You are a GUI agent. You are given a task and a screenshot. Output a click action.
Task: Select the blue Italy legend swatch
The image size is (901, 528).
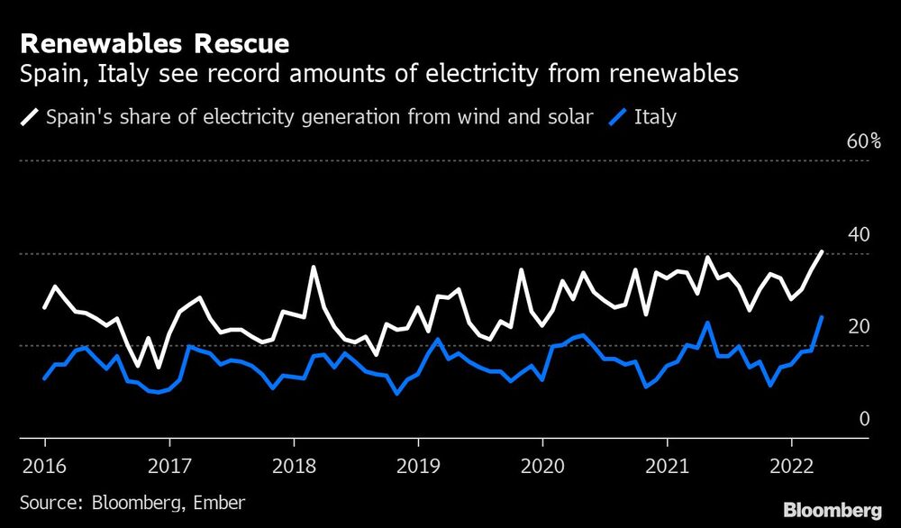click(x=619, y=116)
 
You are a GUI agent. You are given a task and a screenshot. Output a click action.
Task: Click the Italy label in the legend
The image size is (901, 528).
click(x=656, y=116)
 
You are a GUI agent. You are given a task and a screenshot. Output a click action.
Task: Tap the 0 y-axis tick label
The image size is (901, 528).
click(x=864, y=419)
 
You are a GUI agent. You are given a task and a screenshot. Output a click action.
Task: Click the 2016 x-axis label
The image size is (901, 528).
click(x=44, y=467)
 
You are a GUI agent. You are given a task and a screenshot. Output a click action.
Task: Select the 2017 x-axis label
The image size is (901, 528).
click(x=168, y=467)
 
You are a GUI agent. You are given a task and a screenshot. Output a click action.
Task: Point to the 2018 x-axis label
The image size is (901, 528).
click(x=293, y=467)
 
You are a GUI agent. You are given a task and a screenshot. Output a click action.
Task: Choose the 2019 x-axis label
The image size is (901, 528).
click(x=417, y=467)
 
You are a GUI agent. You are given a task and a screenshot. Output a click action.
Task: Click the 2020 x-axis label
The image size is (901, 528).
click(x=542, y=467)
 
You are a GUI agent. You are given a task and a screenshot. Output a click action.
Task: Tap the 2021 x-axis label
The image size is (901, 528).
click(x=667, y=467)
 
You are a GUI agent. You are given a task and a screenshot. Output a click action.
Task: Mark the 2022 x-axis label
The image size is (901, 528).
click(x=791, y=467)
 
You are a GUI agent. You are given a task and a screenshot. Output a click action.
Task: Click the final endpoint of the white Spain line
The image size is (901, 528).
click(x=822, y=252)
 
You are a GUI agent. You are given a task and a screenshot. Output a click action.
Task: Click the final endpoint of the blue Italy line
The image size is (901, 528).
click(x=822, y=317)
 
